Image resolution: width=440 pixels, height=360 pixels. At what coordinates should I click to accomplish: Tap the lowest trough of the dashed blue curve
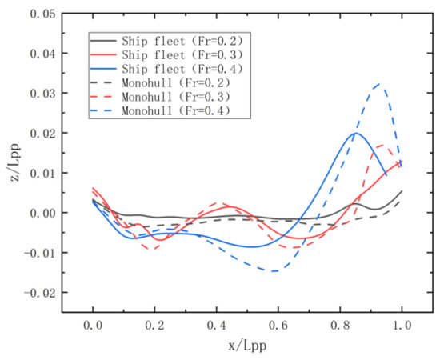(x=274, y=271)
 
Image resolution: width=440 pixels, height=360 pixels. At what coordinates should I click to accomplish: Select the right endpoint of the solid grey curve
(x=402, y=191)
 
